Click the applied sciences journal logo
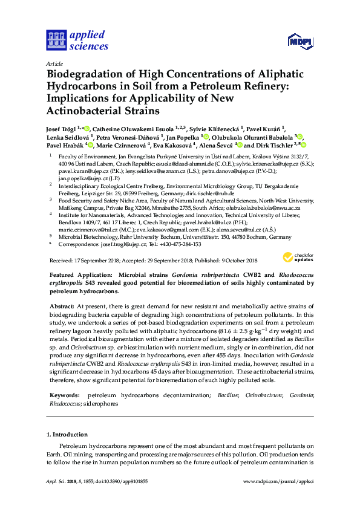[x=77, y=40]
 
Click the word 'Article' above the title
[x=54, y=63]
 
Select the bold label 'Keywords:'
[x=65, y=395]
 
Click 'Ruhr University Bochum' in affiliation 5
[x=148, y=236]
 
